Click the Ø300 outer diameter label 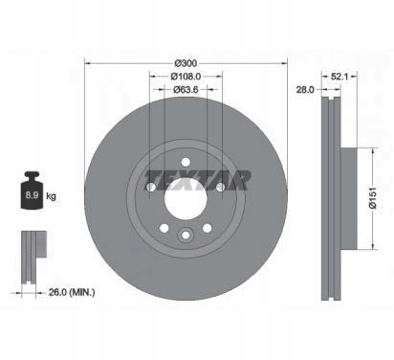pos(186,63)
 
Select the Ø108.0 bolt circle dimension pos(186,77)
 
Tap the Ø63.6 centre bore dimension pos(186,90)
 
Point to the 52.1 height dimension pos(340,77)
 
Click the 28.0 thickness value pos(305,90)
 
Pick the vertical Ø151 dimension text pos(373,198)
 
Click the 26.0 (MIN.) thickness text pos(72,292)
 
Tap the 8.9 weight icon pos(32,191)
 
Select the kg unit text pos(51,196)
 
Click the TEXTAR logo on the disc pos(198,180)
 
